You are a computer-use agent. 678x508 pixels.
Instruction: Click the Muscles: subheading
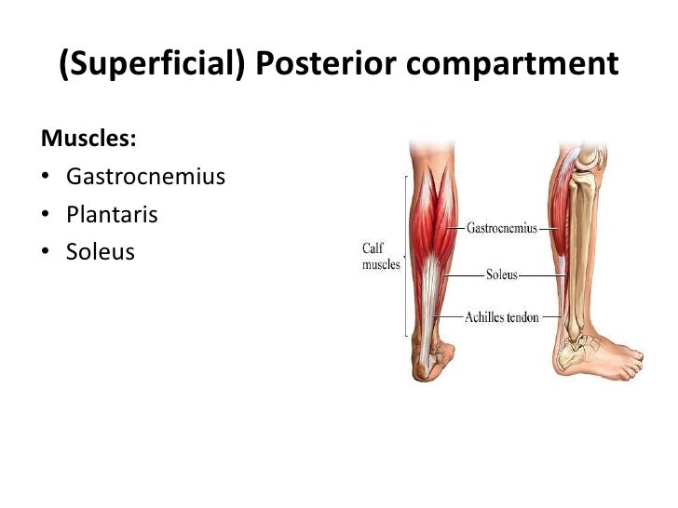pos(88,139)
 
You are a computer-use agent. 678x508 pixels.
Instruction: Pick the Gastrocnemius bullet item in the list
pos(145,177)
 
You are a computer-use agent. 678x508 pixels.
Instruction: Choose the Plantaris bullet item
pos(112,215)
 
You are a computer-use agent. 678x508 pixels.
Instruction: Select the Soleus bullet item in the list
pos(101,252)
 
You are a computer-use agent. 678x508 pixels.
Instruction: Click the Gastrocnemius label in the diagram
pos(501,228)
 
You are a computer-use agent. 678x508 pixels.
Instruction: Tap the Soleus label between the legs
pos(502,275)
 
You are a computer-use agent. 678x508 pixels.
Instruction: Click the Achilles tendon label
pos(502,318)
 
